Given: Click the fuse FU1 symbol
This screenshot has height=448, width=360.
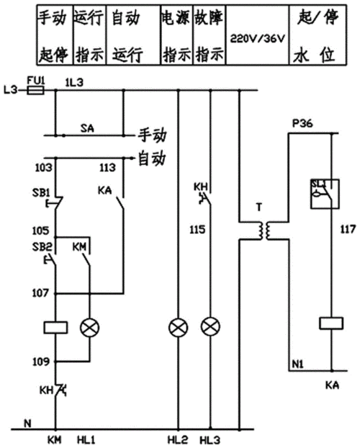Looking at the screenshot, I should point(35,91).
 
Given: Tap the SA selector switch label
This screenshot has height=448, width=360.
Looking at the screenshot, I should point(87,127).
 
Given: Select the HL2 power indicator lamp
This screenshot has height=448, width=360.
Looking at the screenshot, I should point(177,328).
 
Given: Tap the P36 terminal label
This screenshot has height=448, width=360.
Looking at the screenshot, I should point(301,123).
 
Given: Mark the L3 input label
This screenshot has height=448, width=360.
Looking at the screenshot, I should point(10,91).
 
